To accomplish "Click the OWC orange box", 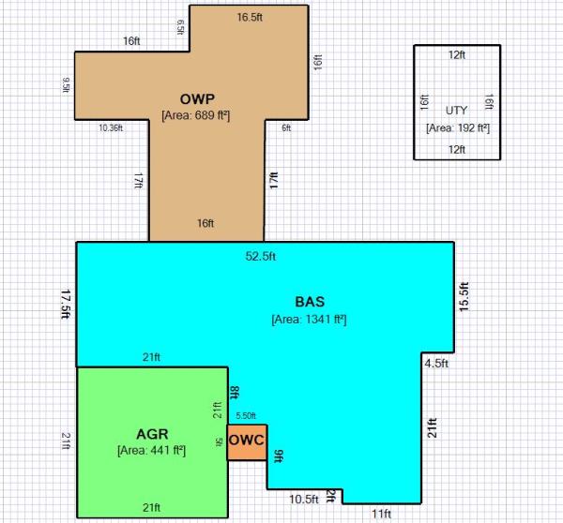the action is pyautogui.click(x=247, y=442).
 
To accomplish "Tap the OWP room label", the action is pyautogui.click(x=197, y=99).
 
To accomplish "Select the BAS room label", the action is pyautogui.click(x=310, y=302).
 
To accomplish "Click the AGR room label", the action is pyautogui.click(x=152, y=434).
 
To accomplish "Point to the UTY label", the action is pyautogui.click(x=456, y=111).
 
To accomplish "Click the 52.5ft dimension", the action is pyautogui.click(x=261, y=256).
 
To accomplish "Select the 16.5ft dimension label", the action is pyautogui.click(x=250, y=17).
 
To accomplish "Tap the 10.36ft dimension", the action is pyautogui.click(x=111, y=127).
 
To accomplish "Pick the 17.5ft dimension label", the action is pyautogui.click(x=66, y=305).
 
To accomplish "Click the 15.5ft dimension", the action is pyautogui.click(x=464, y=297).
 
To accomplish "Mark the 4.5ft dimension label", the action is pyautogui.click(x=436, y=364).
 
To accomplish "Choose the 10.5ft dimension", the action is pyautogui.click(x=304, y=499).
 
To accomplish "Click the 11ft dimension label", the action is pyautogui.click(x=381, y=514).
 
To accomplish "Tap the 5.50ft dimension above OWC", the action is pyautogui.click(x=246, y=416).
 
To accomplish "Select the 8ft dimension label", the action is pyautogui.click(x=234, y=393).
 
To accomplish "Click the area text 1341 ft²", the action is pyautogui.click(x=309, y=319).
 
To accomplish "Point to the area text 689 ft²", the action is pyautogui.click(x=196, y=115).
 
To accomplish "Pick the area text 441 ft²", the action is pyautogui.click(x=151, y=450).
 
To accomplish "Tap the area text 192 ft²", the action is pyautogui.click(x=458, y=128).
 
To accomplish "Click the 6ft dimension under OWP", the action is pyautogui.click(x=286, y=127).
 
